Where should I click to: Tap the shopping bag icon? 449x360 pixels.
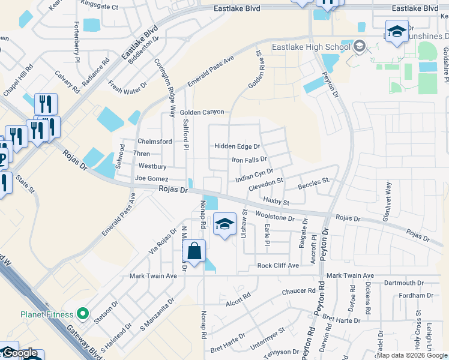click(x=194, y=251)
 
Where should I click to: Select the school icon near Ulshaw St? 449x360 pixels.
click(x=224, y=224)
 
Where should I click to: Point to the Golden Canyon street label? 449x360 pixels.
click(x=202, y=112)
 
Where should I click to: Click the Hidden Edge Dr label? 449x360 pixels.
click(x=237, y=146)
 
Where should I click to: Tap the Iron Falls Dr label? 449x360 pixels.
click(x=249, y=160)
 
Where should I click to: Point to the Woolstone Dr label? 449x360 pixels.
click(x=275, y=215)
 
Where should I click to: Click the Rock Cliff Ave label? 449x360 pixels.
click(x=277, y=265)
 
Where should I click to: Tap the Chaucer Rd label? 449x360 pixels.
click(x=299, y=292)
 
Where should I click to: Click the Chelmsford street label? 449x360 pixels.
click(x=155, y=142)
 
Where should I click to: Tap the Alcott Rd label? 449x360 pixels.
click(x=238, y=300)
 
